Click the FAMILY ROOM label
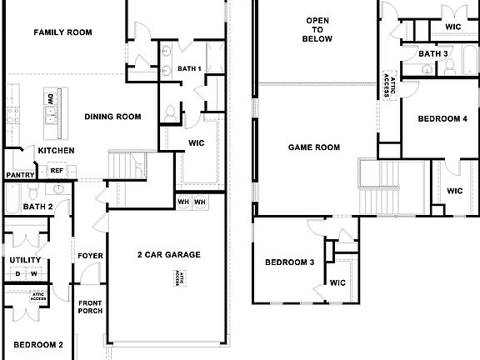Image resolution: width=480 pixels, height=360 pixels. pos(62,32)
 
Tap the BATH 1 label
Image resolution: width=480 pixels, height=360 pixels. pos(189,67)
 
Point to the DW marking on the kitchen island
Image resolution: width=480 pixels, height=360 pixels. pos(50,98)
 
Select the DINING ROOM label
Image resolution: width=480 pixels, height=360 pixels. pos(112,117)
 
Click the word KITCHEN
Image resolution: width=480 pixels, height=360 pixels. pos(56,151)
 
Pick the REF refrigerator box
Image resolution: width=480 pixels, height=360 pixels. pos(57,170)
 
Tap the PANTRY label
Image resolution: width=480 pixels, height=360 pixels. pos(19,175)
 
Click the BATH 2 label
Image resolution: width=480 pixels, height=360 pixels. pos(38,207)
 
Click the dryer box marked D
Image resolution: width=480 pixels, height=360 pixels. pos(17,273)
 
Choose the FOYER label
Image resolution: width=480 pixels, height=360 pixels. pos(89,255)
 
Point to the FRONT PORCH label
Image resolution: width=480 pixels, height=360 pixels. pos(90,306)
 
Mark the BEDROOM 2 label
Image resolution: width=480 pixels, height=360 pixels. pos(38,344)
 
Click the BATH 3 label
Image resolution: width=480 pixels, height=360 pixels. pos(433,54)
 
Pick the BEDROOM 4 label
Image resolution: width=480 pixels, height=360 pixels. pos(442,119)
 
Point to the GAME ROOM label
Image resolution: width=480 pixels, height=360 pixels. pos(314,147)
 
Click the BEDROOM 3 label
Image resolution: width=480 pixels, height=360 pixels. pos(289,262)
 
